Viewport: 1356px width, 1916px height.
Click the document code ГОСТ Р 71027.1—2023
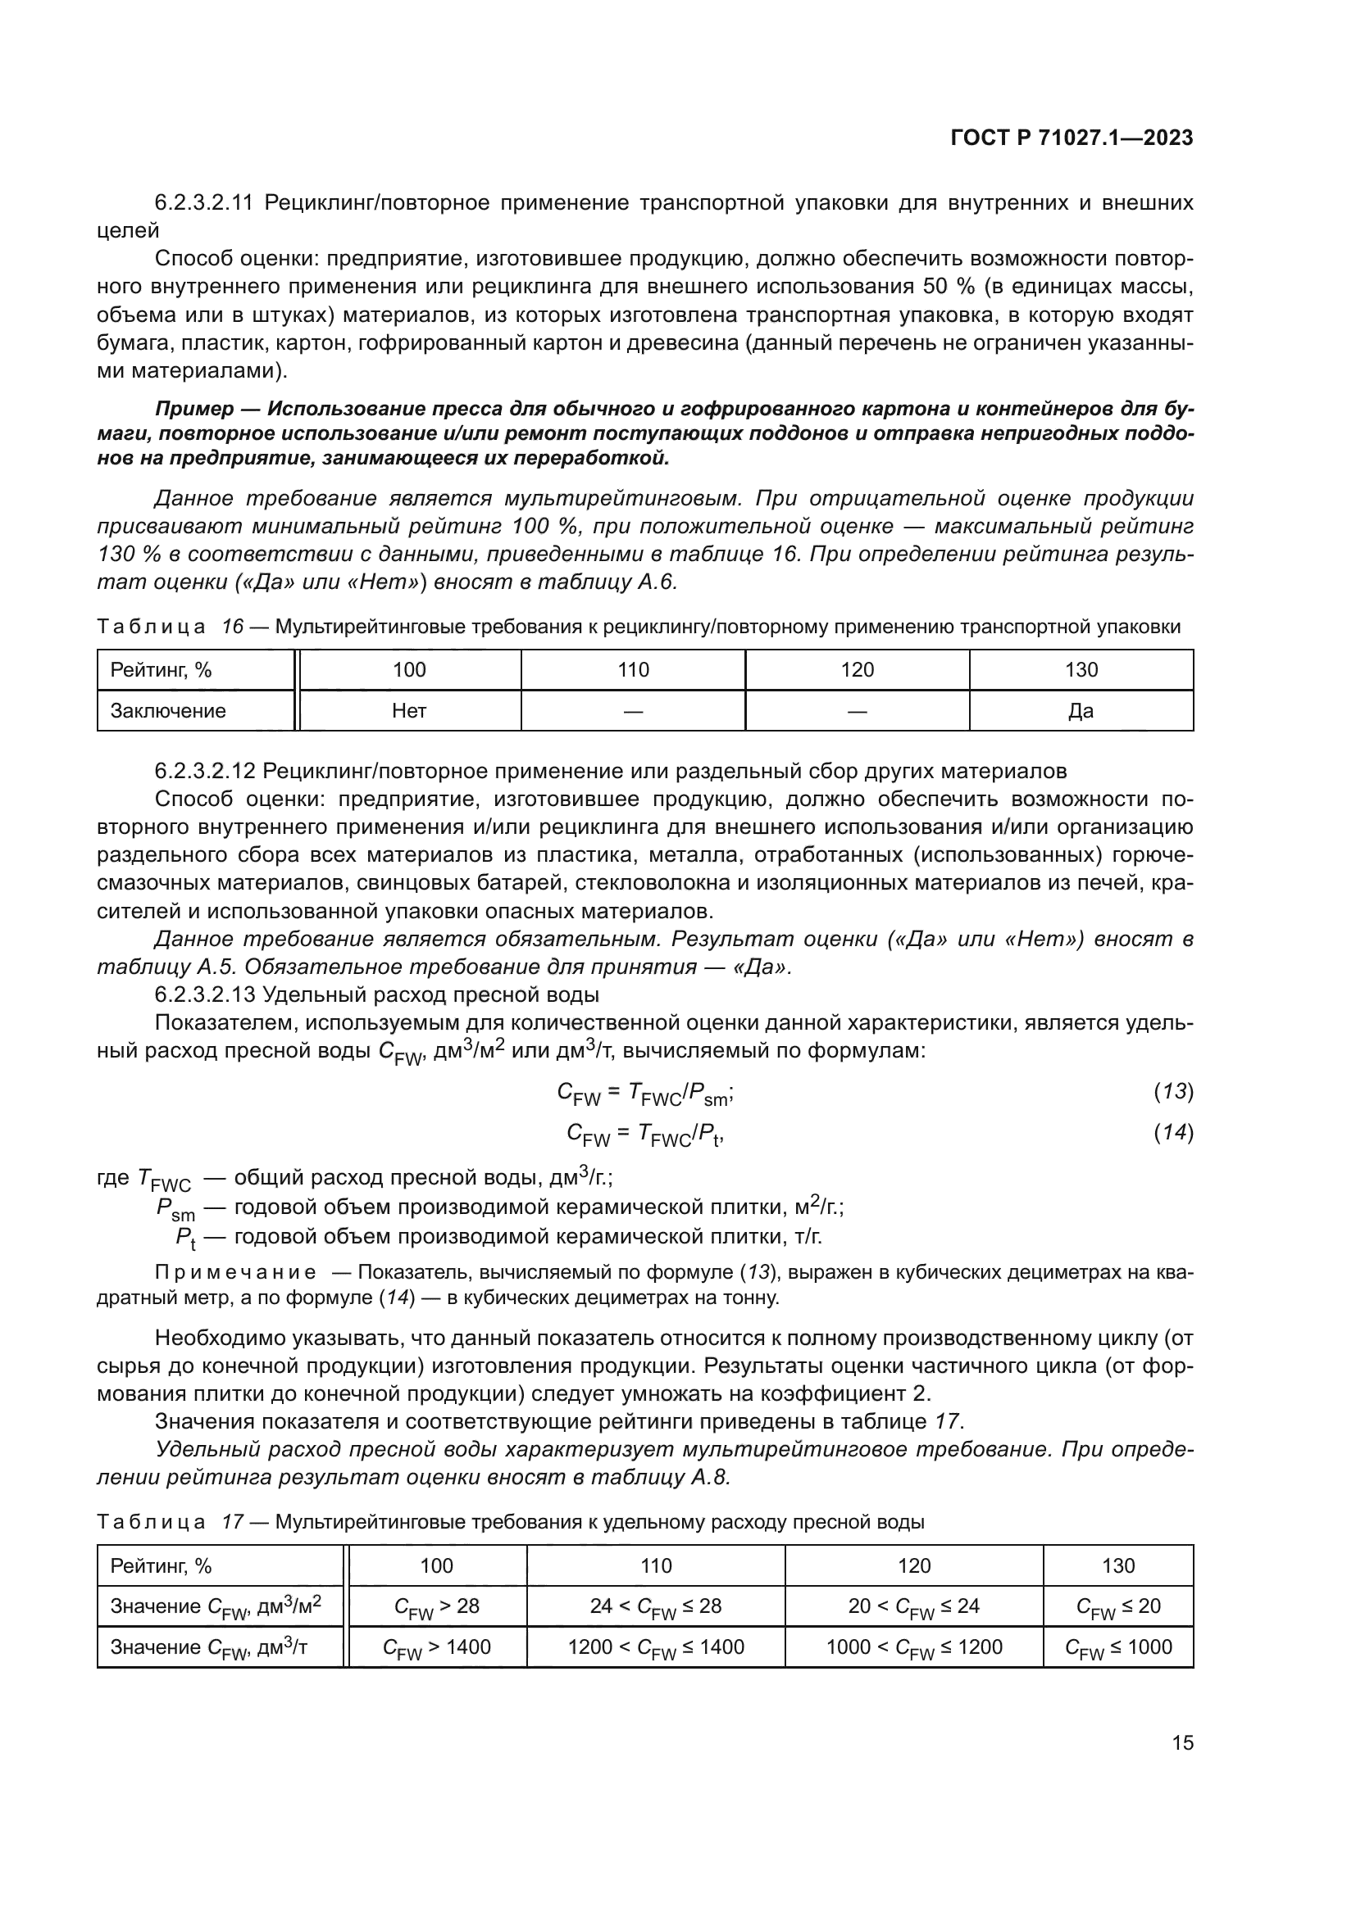[x=1072, y=138]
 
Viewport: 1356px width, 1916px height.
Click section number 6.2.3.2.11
[x=204, y=203]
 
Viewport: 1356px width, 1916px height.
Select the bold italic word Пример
[x=193, y=409]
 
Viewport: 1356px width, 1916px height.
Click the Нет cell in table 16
[x=409, y=711]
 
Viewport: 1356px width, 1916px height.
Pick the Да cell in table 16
[x=1081, y=711]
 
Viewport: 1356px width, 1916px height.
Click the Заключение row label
[x=169, y=711]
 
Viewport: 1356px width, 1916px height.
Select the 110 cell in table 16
[x=633, y=670]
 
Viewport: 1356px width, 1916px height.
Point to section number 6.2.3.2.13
[x=204, y=994]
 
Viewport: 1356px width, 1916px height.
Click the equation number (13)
[x=1173, y=1091]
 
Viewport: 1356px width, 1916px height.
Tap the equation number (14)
[x=1173, y=1132]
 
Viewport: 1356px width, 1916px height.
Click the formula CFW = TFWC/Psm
[x=644, y=1094]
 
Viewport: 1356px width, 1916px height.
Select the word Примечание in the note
[x=235, y=1273]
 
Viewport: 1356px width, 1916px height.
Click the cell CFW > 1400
[x=437, y=1646]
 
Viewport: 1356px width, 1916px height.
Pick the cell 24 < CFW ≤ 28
[x=656, y=1606]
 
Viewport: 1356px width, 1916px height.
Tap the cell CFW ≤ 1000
[x=1118, y=1646]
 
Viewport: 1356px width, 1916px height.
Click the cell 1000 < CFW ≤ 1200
[x=913, y=1646]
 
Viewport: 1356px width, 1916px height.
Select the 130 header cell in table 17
[x=1118, y=1565]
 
